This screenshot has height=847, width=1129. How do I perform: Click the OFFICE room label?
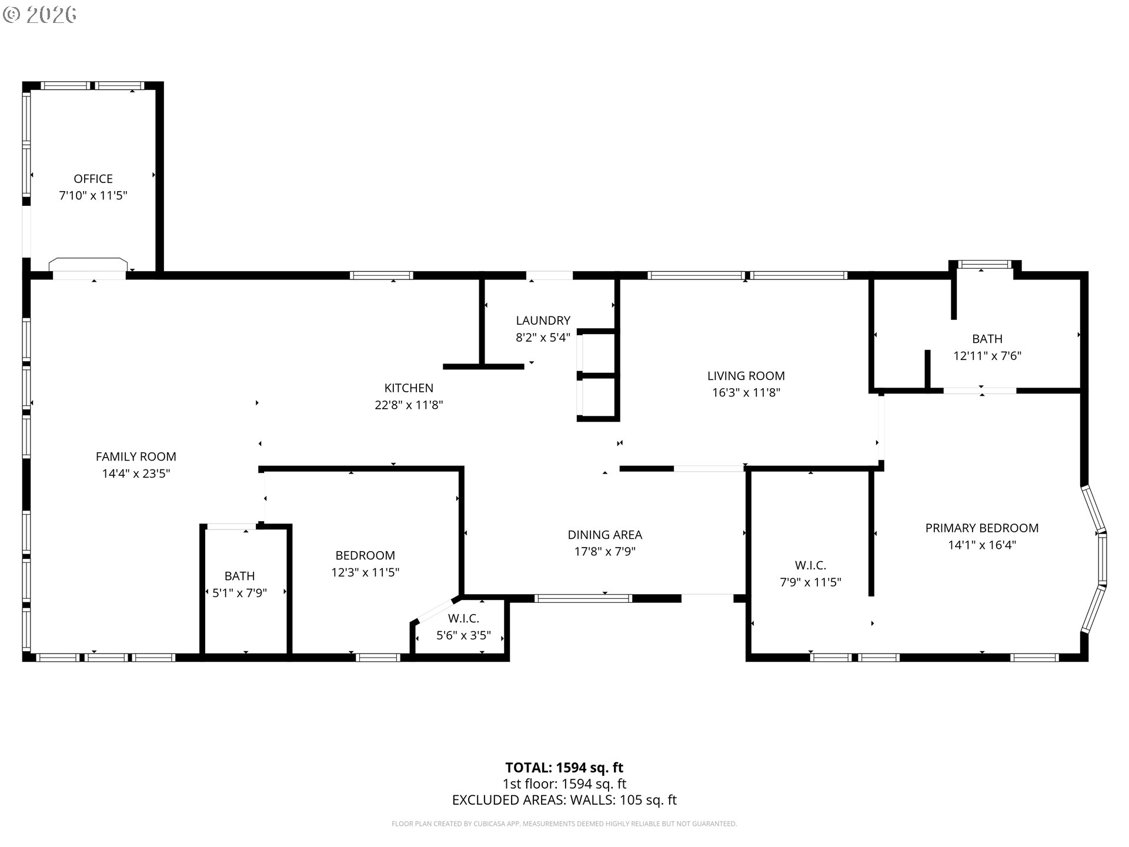tap(93, 179)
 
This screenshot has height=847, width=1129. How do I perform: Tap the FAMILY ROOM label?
tap(136, 456)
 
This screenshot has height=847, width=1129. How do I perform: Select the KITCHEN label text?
tap(409, 388)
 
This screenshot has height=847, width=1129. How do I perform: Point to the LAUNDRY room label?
tap(543, 321)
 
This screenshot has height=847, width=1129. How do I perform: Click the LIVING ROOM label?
tap(746, 376)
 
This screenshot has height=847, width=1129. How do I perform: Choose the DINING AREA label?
tap(604, 535)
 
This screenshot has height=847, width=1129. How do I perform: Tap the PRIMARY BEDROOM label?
tap(982, 528)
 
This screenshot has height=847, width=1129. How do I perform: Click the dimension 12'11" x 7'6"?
tap(987, 356)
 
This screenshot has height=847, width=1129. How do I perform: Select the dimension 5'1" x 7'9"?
tap(239, 593)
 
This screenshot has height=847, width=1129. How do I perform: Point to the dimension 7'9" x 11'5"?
tap(810, 582)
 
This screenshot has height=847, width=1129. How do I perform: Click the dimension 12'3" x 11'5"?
tap(365, 572)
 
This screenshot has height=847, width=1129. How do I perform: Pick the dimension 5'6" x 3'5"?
tap(463, 636)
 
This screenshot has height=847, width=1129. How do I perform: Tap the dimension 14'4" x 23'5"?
tap(136, 473)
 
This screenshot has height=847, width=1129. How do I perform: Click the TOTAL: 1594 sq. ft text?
tap(564, 768)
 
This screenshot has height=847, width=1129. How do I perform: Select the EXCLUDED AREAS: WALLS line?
tap(564, 800)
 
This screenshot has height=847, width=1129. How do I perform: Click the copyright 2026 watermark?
tap(39, 15)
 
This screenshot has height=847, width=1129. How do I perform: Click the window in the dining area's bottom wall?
tap(583, 599)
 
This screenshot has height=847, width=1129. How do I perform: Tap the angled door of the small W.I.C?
tap(435, 610)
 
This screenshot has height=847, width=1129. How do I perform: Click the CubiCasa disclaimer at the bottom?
tap(564, 824)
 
